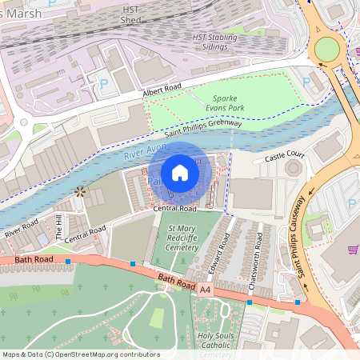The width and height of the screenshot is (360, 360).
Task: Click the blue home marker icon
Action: [x=180, y=172]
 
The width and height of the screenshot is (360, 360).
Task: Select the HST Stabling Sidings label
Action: [x=215, y=42]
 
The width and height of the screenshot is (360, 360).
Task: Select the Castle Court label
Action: [x=284, y=156]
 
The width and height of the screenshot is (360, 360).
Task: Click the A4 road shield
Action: [x=206, y=288]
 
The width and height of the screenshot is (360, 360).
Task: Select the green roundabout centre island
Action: [x=326, y=49]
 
